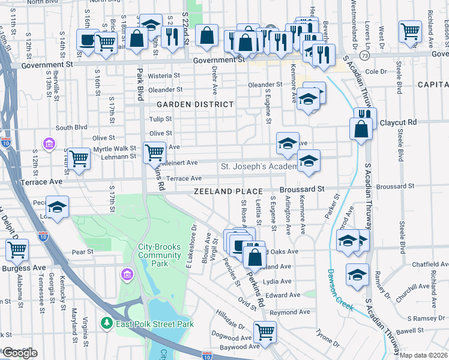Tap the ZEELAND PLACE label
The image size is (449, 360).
coord(229,191)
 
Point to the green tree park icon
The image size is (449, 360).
coord(107,323)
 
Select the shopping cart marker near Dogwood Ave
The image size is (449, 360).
coord(264,331)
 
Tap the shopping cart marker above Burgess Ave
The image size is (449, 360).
coord(17,249)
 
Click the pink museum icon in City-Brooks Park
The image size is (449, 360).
coord(127,275)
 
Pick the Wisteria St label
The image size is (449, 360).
coord(164,76)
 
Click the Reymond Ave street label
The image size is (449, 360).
coord(285,313)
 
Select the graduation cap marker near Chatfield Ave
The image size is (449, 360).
coord(357,274)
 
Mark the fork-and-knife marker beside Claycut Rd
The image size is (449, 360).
coord(365,114)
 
